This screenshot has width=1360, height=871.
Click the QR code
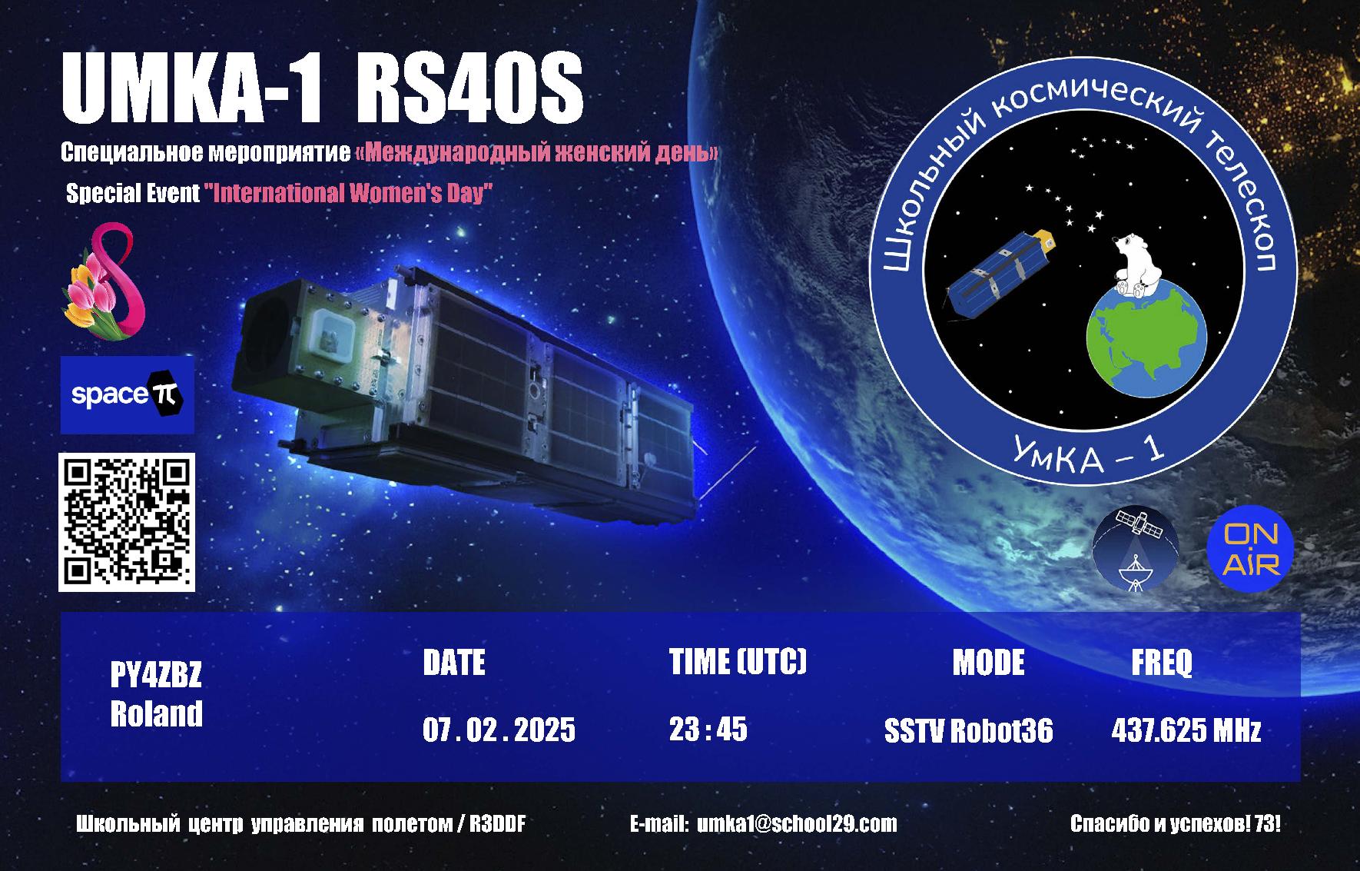pos(127,522)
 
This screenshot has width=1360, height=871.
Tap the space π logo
pos(127,394)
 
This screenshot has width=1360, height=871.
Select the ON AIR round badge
pos(1250,550)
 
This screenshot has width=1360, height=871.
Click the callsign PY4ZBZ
pos(156,677)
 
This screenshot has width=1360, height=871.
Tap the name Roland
pos(157,713)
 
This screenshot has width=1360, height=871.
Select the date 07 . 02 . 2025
pos(499,730)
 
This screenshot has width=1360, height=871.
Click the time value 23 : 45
pos(708,729)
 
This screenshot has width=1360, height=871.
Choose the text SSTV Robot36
pos(968,730)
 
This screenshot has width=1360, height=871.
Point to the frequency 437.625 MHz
pos(1186,730)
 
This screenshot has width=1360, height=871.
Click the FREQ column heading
pos(1162,662)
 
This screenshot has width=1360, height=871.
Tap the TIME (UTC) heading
pos(738,662)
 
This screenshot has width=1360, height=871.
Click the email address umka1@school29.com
pos(797,824)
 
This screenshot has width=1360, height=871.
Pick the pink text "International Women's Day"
pos(348,192)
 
